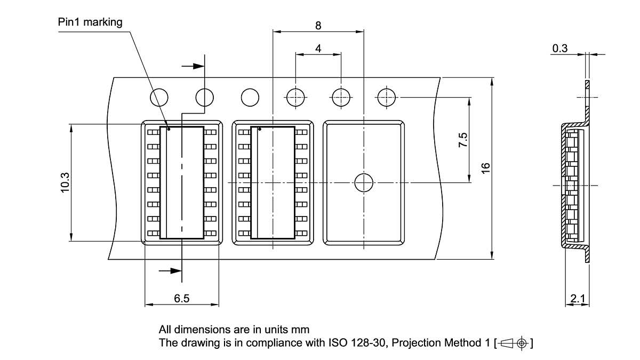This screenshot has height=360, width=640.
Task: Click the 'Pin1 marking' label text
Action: point(90,22)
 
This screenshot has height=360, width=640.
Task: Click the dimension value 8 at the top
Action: point(318,25)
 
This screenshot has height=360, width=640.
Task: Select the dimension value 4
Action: point(318,49)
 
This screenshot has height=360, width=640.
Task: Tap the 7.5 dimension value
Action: point(463,140)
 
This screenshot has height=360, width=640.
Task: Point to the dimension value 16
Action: point(485,167)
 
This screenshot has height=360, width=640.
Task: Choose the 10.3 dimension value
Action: point(65,182)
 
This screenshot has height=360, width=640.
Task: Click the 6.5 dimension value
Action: point(181,299)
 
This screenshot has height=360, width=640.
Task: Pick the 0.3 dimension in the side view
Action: point(559,49)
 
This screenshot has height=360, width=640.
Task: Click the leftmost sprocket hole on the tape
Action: point(159,98)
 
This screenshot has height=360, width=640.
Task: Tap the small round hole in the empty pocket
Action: point(364,182)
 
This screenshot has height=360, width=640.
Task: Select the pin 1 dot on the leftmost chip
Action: point(169,129)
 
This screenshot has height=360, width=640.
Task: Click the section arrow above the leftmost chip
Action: point(193,66)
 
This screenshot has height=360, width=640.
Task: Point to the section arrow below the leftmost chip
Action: point(171,270)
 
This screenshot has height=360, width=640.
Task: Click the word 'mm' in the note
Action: point(300,329)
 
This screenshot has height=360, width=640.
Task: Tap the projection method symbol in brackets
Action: point(514,342)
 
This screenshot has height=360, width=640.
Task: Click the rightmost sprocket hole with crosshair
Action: point(386,98)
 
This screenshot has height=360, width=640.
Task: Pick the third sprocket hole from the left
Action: point(250,98)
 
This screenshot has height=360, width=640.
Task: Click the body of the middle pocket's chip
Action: point(276,182)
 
